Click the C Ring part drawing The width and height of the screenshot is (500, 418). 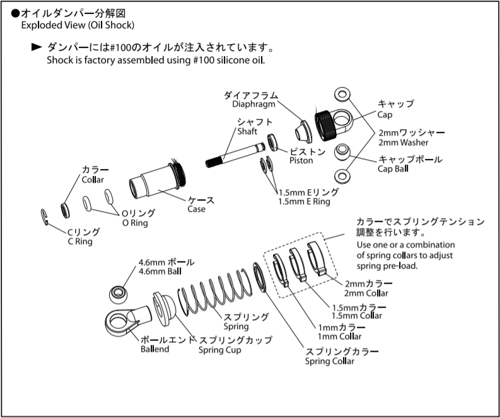(x=45, y=216)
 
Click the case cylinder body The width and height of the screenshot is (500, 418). (x=154, y=180)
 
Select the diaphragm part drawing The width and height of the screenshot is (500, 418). (x=301, y=131)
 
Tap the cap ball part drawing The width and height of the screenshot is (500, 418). (x=342, y=151)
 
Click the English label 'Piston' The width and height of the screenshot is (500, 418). (x=301, y=160)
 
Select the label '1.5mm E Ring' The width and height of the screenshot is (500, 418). (x=304, y=201)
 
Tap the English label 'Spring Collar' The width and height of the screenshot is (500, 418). (x=330, y=361)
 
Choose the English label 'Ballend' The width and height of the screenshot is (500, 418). (x=154, y=349)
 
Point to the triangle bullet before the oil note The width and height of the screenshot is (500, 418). (x=37, y=48)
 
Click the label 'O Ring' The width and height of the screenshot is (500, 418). (x=135, y=223)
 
